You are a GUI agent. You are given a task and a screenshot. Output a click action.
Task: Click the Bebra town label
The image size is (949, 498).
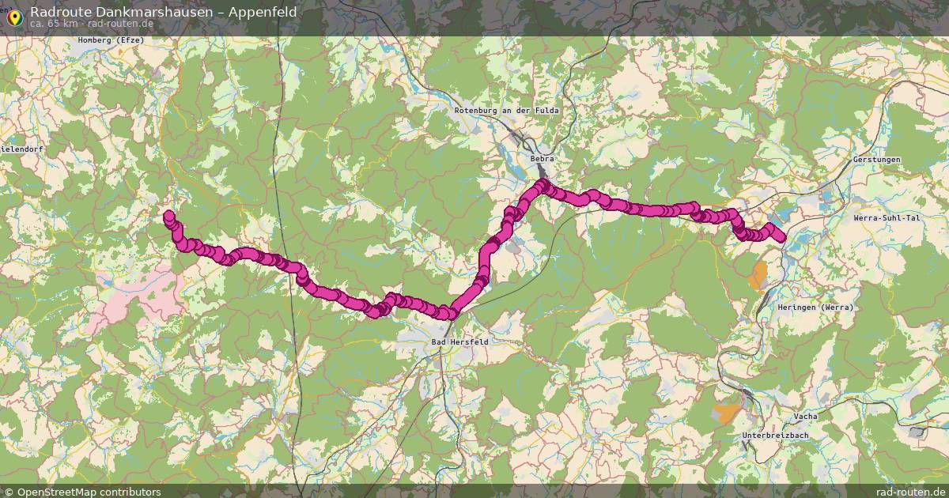click(543, 159)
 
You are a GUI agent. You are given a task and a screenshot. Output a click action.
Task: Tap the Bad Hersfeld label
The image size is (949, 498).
click(460, 341)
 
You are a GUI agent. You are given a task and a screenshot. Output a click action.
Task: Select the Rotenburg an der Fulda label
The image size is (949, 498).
click(506, 111)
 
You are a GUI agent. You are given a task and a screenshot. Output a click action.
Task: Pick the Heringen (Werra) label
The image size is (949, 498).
click(825, 307)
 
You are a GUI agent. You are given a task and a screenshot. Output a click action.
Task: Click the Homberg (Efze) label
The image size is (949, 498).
click(111, 40)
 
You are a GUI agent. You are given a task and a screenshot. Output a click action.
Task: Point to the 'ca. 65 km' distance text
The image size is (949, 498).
click(54, 24)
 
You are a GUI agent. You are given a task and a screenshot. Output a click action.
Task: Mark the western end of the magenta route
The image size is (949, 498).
click(168, 215)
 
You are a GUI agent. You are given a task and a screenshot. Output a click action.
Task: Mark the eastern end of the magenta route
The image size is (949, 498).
click(781, 237)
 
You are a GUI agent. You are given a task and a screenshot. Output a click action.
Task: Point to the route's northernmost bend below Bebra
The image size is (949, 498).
click(543, 185)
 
